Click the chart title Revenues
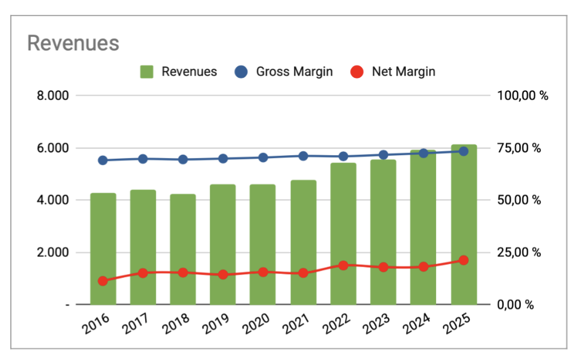pyautogui.click(x=73, y=44)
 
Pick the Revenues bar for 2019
pyautogui.click(x=223, y=244)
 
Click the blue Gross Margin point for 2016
pyautogui.click(x=103, y=161)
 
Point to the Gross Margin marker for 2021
pyautogui.click(x=303, y=156)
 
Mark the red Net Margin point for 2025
pyautogui.click(x=464, y=260)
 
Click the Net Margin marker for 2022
pyautogui.click(x=343, y=265)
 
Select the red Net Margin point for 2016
pyautogui.click(x=103, y=281)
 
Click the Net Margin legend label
pyautogui.click(x=403, y=72)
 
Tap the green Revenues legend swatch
pyautogui.click(x=147, y=72)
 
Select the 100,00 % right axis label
pyautogui.click(x=522, y=96)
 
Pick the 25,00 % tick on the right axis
pyautogui.click(x=519, y=252)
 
